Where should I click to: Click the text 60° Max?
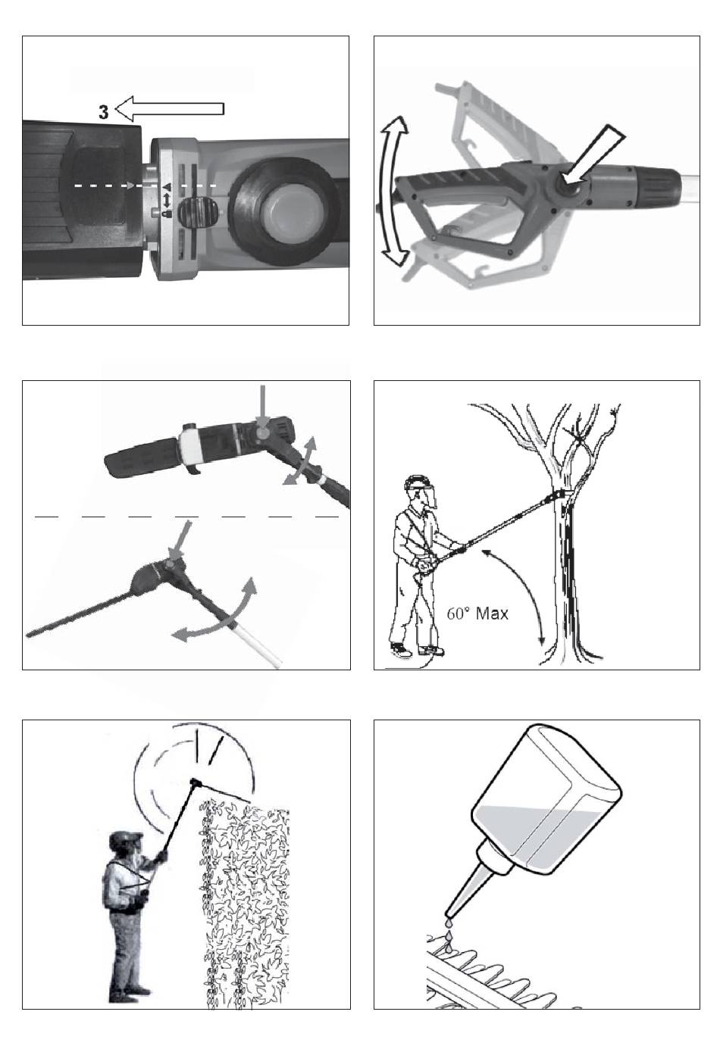[x=477, y=613]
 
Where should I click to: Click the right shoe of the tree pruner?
[x=432, y=649]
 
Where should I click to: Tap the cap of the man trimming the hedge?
[x=124, y=839]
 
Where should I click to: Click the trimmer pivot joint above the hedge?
[x=195, y=782]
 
